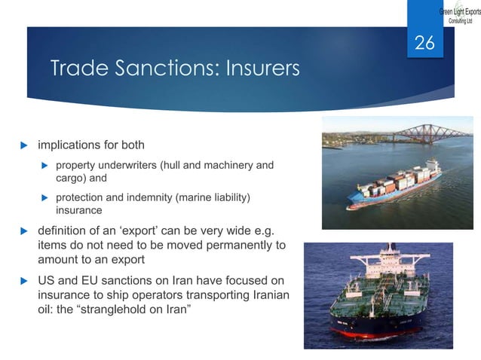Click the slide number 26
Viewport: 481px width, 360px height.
(x=424, y=44)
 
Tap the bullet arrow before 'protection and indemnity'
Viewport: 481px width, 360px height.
(x=44, y=198)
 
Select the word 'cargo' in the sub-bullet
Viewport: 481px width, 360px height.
(x=70, y=178)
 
